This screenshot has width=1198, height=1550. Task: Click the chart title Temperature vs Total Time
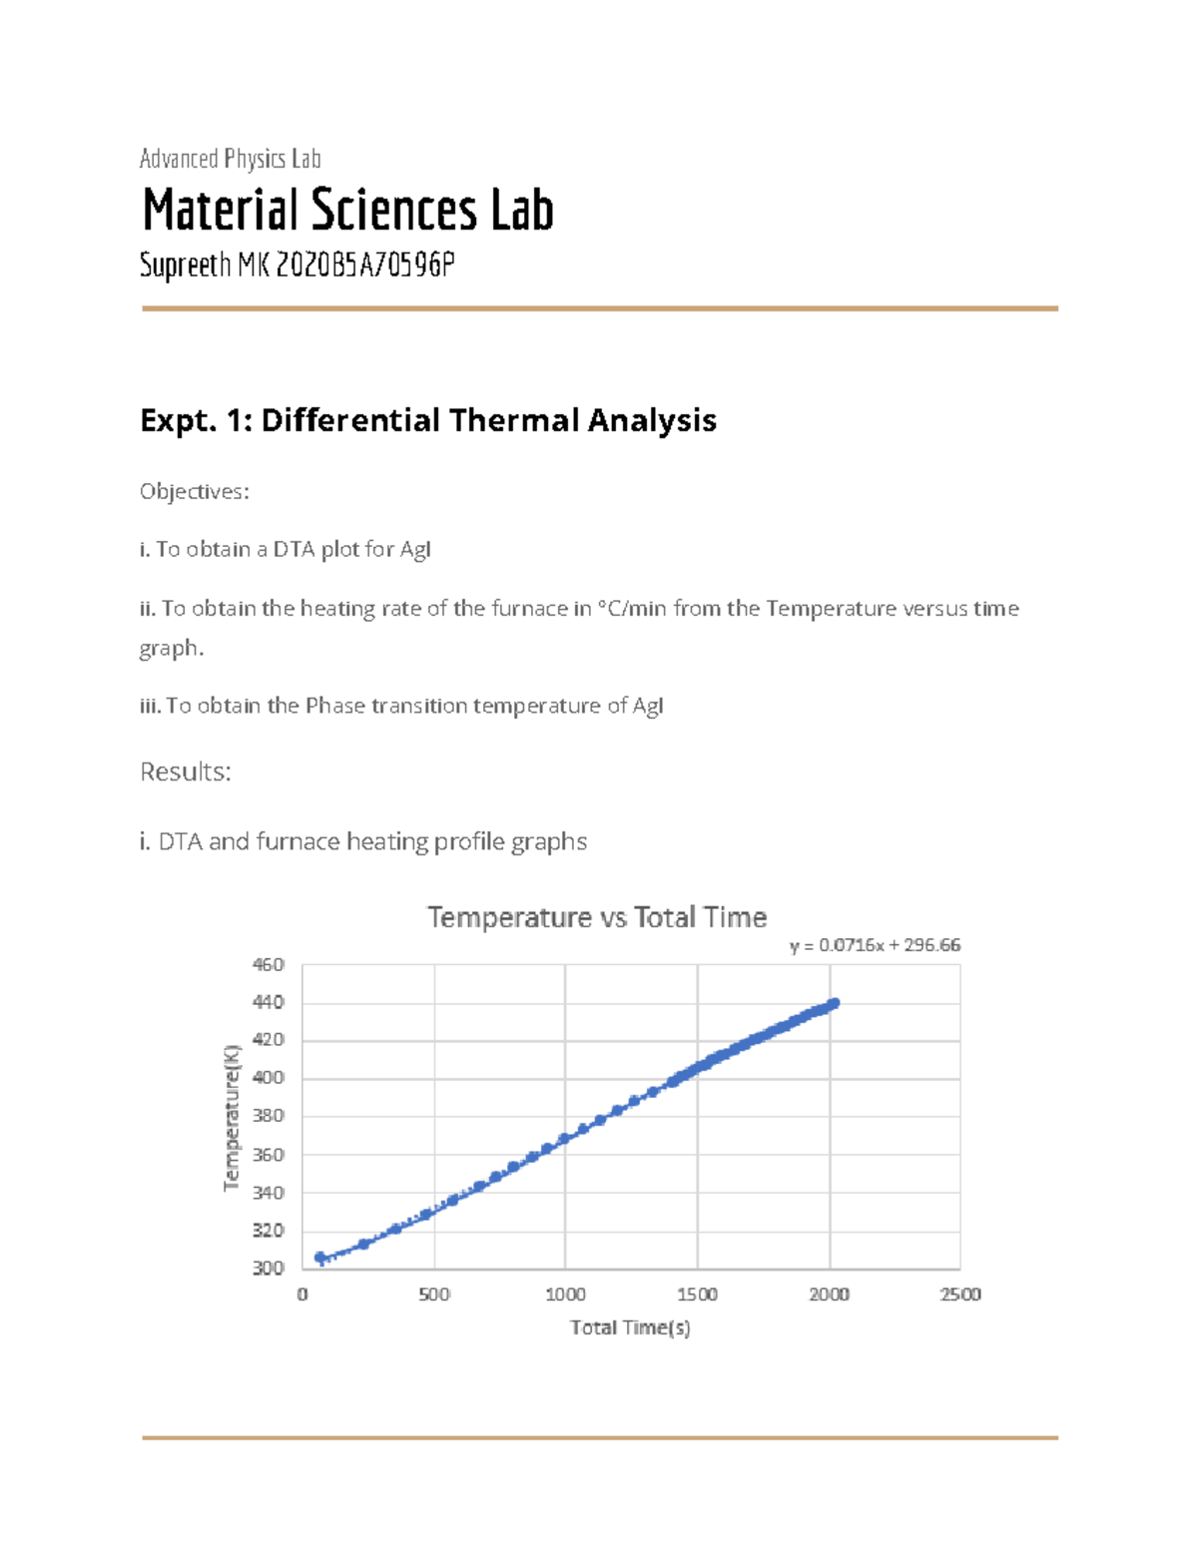point(597,917)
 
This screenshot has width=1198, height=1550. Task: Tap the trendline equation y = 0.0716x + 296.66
point(875,945)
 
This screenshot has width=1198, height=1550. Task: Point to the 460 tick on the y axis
point(269,965)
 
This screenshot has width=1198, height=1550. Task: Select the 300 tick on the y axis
point(269,1269)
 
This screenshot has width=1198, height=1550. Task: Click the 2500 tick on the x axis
point(960,1294)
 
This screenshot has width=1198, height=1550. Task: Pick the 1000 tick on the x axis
point(565,1294)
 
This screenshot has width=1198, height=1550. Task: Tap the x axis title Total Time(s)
point(630,1327)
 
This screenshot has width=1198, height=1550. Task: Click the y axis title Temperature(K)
point(233,1117)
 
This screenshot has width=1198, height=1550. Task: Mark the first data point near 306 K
point(320,1258)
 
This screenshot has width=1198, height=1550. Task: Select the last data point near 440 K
point(834,1003)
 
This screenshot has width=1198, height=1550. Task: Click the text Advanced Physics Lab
point(230,159)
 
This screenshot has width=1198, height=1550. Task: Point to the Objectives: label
point(194,491)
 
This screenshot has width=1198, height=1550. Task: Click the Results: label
point(186,772)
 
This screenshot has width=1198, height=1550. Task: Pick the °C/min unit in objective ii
point(632,609)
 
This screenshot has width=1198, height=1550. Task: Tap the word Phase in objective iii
point(335,706)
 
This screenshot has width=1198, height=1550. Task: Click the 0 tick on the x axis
point(302,1294)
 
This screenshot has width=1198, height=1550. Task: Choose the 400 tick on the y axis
point(269,1079)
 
